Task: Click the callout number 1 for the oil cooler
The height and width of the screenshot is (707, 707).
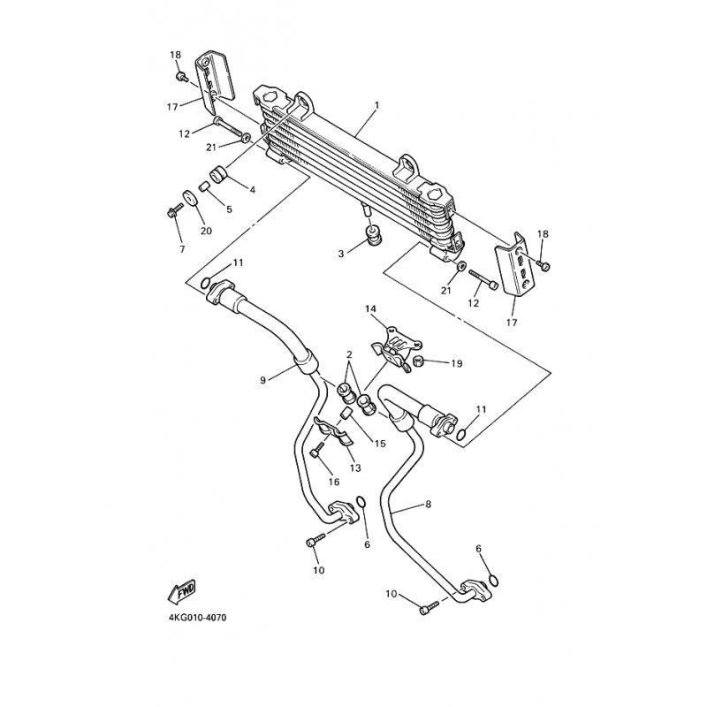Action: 376,105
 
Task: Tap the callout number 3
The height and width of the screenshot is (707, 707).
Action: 339,255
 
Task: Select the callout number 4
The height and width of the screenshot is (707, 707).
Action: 252,189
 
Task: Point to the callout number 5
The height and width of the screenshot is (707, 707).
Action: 229,209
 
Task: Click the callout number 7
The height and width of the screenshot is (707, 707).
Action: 182,250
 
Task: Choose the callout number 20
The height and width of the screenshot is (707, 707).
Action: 207,231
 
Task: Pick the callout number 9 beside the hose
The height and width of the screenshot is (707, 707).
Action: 262,380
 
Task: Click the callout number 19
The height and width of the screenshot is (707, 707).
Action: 457,363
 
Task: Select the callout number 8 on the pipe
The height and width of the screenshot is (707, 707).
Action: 428,506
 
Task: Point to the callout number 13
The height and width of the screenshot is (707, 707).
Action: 355,467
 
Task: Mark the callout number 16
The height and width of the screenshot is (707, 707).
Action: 334,482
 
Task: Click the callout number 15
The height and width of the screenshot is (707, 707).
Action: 379,443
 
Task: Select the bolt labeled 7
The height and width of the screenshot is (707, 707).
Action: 172,211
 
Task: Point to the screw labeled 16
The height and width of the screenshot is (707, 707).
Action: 315,453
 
